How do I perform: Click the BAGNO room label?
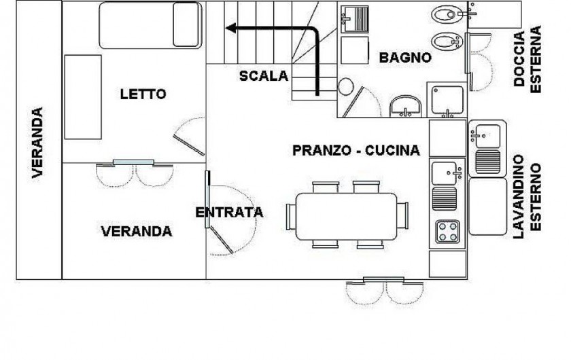coord(405,58)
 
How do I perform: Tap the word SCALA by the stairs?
coord(264,75)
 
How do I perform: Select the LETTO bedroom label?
coord(143,94)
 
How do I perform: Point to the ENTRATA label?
coord(229,213)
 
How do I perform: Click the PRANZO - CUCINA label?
coord(356,150)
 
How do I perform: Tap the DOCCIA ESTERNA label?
coord(527,59)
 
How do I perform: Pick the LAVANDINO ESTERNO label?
coord(527,196)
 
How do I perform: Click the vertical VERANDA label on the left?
coord(37,143)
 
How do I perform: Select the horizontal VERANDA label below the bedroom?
coord(136,232)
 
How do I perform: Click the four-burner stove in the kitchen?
coord(447,232)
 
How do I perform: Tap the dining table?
coord(346,217)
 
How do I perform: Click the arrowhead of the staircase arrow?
coord(231,28)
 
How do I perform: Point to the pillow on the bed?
coord(186,24)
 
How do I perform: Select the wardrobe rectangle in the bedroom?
coord(83,97)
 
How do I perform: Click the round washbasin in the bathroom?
coord(406,106)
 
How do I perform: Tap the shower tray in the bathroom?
coord(447,100)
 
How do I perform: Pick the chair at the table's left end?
coord(291,217)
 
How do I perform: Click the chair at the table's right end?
coord(402,215)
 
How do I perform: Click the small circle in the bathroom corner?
coord(345,87)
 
